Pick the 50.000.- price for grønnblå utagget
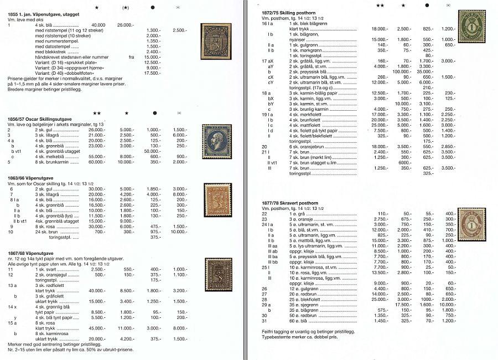(152, 151)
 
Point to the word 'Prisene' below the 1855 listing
(15, 79)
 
